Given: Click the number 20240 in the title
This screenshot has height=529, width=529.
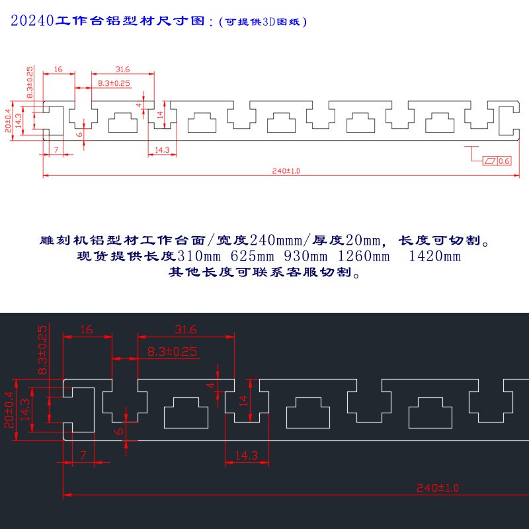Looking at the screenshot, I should point(32,21).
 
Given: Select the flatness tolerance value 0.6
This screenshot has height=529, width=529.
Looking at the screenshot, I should point(504,161).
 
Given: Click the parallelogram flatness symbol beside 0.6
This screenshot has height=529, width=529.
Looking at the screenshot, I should point(490,161).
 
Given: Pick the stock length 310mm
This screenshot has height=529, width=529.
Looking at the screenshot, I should point(200,256).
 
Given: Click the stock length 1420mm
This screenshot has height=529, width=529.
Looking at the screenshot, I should point(434,256).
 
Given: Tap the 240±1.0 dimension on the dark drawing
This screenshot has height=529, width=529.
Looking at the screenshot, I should point(437,488).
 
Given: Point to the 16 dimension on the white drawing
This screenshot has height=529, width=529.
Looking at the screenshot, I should point(58,69).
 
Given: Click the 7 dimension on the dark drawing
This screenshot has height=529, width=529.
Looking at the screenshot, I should point(83,454).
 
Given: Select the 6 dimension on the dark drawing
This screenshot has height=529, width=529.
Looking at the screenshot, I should point(119,431).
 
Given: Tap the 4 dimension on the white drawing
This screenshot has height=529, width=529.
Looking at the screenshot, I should point(139,104).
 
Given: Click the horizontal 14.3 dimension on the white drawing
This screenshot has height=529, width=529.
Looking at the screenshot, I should point(162,150).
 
